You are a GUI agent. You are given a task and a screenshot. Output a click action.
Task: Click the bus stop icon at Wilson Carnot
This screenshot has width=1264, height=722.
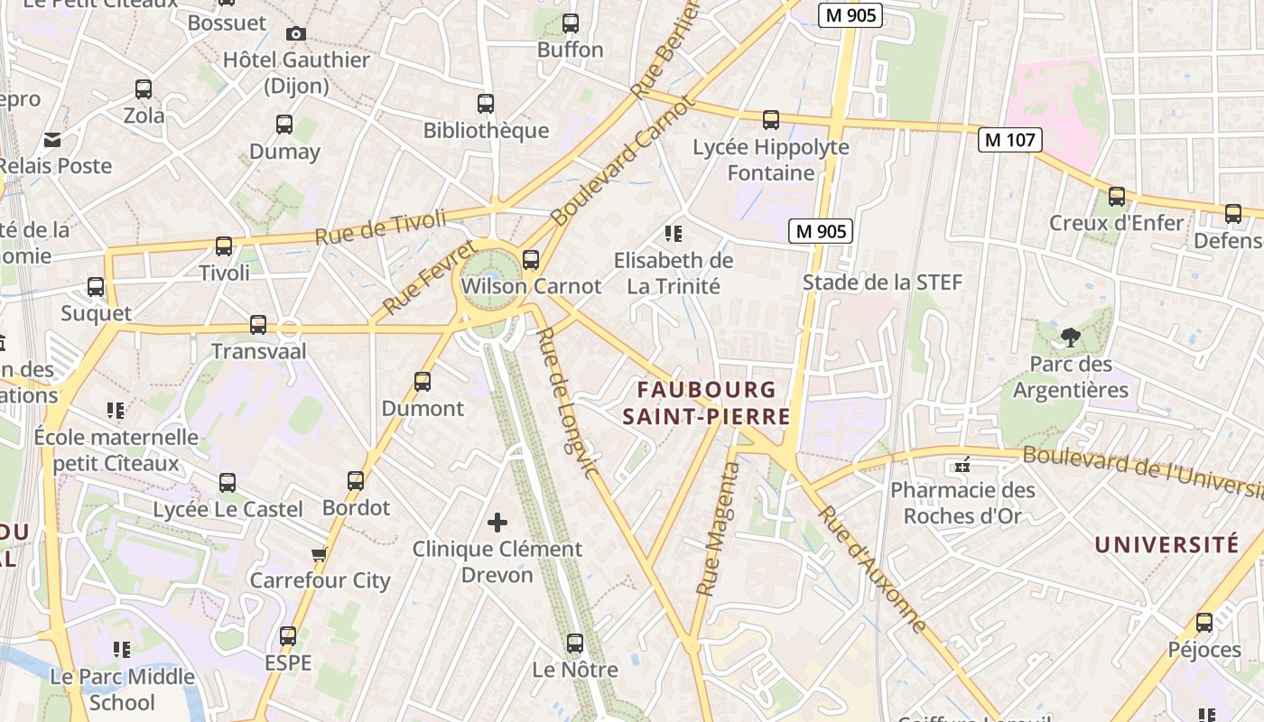(531, 260)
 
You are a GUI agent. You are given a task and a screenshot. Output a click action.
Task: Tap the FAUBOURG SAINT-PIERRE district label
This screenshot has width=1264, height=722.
(706, 403)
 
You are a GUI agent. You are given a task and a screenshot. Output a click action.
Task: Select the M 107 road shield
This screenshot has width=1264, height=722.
(1010, 140)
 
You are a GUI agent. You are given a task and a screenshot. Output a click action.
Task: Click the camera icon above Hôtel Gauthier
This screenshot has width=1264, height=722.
(295, 34)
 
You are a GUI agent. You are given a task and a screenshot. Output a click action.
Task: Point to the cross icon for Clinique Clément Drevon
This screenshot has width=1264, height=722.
(497, 523)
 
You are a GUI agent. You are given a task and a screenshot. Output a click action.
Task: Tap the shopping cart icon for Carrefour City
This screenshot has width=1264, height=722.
(319, 554)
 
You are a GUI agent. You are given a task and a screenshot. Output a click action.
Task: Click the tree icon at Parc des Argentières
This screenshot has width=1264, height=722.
(1070, 338)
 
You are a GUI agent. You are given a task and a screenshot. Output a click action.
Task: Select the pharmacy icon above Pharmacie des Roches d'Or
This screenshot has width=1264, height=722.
(962, 466)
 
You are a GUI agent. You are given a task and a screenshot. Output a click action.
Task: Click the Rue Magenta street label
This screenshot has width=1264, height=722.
(719, 529)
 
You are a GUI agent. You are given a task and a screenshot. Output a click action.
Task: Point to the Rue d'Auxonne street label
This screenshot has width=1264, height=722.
(872, 569)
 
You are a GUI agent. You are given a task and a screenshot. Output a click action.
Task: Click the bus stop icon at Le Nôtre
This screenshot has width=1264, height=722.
(575, 643)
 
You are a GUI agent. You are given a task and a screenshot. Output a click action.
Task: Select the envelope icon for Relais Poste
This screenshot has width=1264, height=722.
(52, 140)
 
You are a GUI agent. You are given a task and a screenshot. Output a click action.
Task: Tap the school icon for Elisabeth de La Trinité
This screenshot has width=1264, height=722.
(673, 234)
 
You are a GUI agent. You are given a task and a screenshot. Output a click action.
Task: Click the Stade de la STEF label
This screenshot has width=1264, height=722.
(882, 282)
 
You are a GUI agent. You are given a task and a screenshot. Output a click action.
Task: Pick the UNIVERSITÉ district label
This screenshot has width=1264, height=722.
(1166, 544)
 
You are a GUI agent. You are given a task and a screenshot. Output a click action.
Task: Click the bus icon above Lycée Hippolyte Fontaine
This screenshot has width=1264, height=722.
(770, 120)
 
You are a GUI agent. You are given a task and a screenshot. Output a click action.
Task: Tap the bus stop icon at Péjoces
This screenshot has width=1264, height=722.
(1204, 623)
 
